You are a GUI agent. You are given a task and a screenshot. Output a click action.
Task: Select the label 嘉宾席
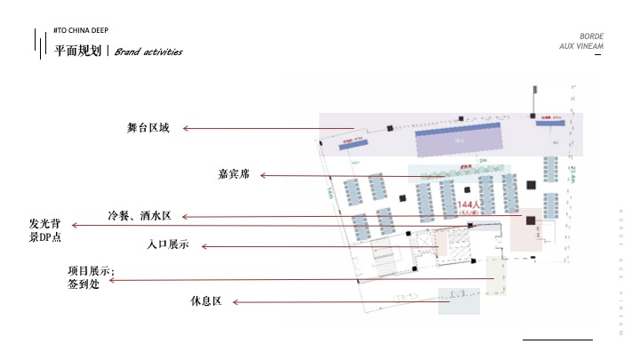[234, 175]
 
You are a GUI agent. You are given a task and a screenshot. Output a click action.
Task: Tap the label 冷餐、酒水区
[146, 216]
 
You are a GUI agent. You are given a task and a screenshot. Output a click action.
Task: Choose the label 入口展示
[168, 244]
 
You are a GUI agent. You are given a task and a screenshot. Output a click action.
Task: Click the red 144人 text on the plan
[468, 204]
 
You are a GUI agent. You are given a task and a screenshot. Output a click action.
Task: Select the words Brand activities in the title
[148, 52]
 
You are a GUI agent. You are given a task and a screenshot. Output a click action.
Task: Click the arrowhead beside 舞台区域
[186, 129]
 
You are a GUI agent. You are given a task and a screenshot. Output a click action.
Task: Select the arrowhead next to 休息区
[236, 302]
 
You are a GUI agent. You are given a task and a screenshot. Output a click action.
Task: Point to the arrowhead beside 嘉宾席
[263, 175]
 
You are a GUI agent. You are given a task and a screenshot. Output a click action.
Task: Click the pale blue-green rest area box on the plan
[464, 299]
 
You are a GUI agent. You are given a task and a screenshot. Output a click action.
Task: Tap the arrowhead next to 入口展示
[204, 245]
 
